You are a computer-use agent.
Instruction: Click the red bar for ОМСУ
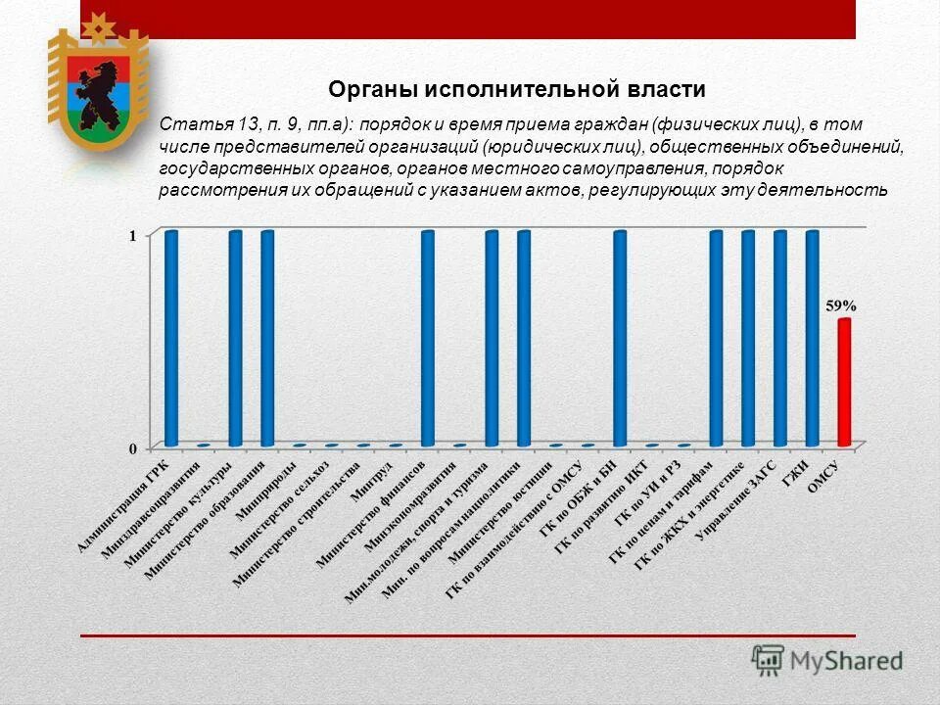coord(844,382)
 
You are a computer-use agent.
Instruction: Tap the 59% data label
coord(839,305)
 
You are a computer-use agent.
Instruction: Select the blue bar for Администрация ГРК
coord(171,338)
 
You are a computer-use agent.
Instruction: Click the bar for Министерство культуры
coord(235,338)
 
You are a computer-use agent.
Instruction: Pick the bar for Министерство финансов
coord(428,338)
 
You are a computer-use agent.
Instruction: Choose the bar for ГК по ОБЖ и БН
coord(620,338)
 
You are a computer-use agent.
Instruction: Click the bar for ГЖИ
coord(812,338)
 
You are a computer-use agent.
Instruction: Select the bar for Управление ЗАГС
coord(780,338)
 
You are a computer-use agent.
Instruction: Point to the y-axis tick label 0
coord(133,448)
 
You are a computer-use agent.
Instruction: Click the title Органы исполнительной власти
coord(516,90)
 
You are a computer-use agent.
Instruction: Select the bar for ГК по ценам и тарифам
coord(716,338)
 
